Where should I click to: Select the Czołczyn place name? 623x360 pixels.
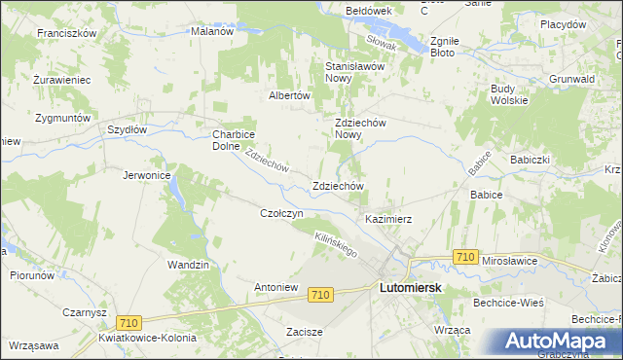point(282,213)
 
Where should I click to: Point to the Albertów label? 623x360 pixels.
point(289,95)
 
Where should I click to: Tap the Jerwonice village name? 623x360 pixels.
point(147,175)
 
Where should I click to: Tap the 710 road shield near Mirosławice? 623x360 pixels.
point(465,257)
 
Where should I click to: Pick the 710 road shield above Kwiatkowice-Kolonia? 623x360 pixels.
point(128,322)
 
